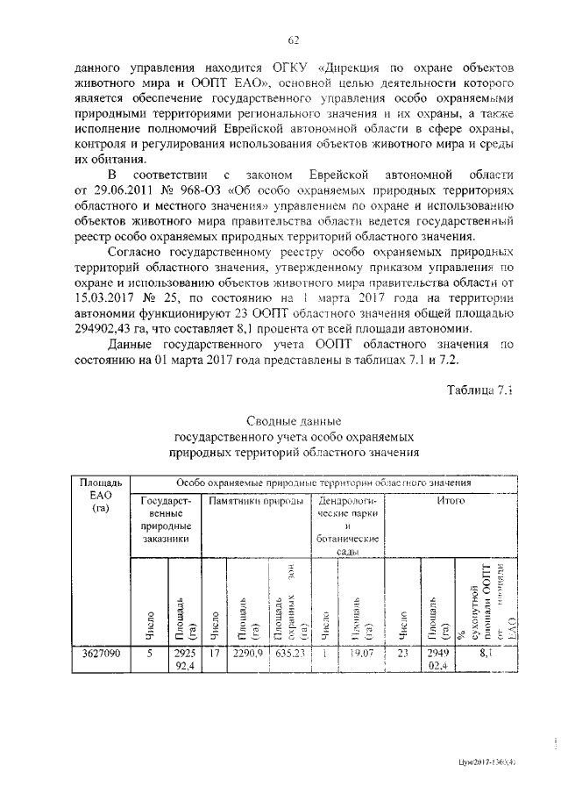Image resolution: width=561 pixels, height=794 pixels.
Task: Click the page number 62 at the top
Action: click(x=294, y=39)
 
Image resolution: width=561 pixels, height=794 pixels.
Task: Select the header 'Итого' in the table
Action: click(x=450, y=500)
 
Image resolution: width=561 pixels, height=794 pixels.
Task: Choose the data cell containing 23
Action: click(x=402, y=654)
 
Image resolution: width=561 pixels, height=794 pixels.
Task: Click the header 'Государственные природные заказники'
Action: click(x=165, y=520)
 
